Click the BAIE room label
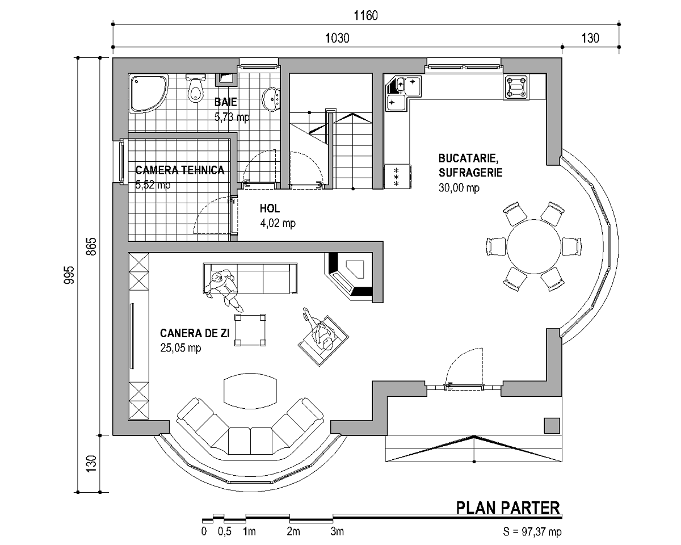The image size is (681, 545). [226, 102]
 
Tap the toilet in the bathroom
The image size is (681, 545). [196, 89]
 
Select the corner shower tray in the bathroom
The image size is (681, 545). [148, 93]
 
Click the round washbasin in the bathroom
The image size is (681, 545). [271, 99]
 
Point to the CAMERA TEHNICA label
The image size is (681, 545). [180, 170]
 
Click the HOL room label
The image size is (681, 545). [270, 208]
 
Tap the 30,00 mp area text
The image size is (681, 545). [459, 188]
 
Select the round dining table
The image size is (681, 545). [533, 246]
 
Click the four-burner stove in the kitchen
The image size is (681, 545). [516, 87]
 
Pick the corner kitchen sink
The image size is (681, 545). [403, 93]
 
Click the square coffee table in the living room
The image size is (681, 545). [250, 330]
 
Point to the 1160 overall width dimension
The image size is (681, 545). [365, 15]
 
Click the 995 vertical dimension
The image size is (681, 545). [69, 275]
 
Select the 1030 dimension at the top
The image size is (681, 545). [337, 38]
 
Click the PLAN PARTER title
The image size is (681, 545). [508, 508]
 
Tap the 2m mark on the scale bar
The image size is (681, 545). [293, 531]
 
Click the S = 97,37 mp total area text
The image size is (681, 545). [532, 531]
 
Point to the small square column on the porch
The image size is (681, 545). [552, 426]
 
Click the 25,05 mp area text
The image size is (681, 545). [180, 348]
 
